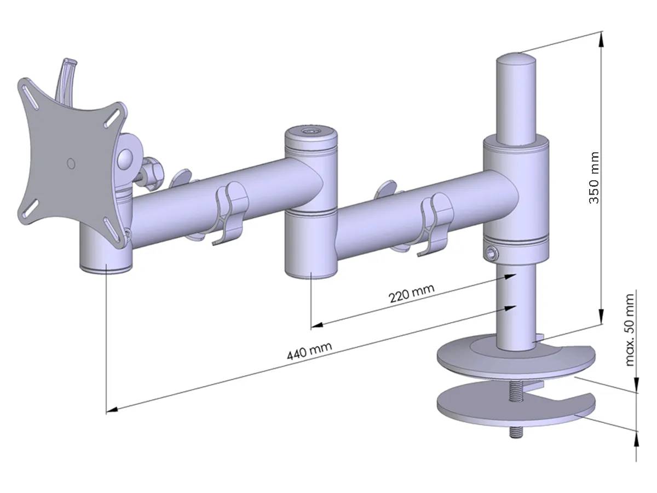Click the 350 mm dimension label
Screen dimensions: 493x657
593,178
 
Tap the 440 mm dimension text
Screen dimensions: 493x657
309,352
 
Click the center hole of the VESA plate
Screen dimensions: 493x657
70,163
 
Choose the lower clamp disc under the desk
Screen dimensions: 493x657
509,408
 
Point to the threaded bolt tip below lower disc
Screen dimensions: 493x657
515,433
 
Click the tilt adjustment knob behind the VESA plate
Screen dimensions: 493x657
152,171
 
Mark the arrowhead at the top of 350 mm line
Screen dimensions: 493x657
602,37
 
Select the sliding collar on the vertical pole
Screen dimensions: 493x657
515,200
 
